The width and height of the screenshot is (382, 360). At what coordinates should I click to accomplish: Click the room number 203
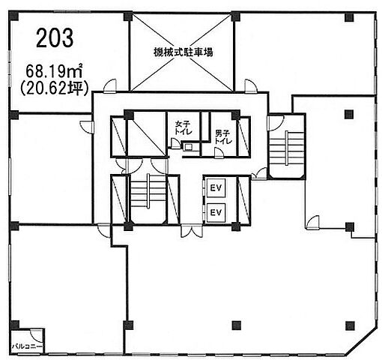pyautogui.click(x=55, y=37)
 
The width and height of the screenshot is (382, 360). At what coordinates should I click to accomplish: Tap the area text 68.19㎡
pyautogui.click(x=55, y=70)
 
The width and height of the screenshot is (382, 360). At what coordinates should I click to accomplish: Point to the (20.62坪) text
pyautogui.click(x=55, y=88)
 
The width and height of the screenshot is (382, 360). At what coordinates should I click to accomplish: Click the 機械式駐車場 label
pyautogui.click(x=183, y=52)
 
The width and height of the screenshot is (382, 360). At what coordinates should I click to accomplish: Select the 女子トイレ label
pyautogui.click(x=183, y=127)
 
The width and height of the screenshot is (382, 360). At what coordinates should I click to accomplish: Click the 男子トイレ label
pyautogui.click(x=223, y=136)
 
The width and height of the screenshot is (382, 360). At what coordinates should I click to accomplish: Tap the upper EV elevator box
pyautogui.click(x=216, y=187)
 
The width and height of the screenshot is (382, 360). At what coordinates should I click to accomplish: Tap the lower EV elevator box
pyautogui.click(x=216, y=212)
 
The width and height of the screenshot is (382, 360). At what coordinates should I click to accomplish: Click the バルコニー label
pyautogui.click(x=28, y=346)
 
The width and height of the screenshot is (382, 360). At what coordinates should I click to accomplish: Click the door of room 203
pyautogui.click(x=110, y=86)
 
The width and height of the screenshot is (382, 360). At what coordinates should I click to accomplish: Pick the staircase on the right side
pyautogui.click(x=287, y=148)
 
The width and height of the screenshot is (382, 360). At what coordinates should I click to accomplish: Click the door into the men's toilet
pyautogui.click(x=219, y=152)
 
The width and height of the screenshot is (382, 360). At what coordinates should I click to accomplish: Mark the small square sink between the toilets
pyautogui.click(x=187, y=147)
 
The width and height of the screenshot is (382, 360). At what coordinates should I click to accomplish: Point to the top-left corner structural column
pyautogui.click(x=13, y=16)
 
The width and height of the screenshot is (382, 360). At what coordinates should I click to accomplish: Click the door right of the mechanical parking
pyautogui.click(x=251, y=86)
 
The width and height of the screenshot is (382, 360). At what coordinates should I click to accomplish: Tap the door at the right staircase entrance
pyautogui.click(x=276, y=123)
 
